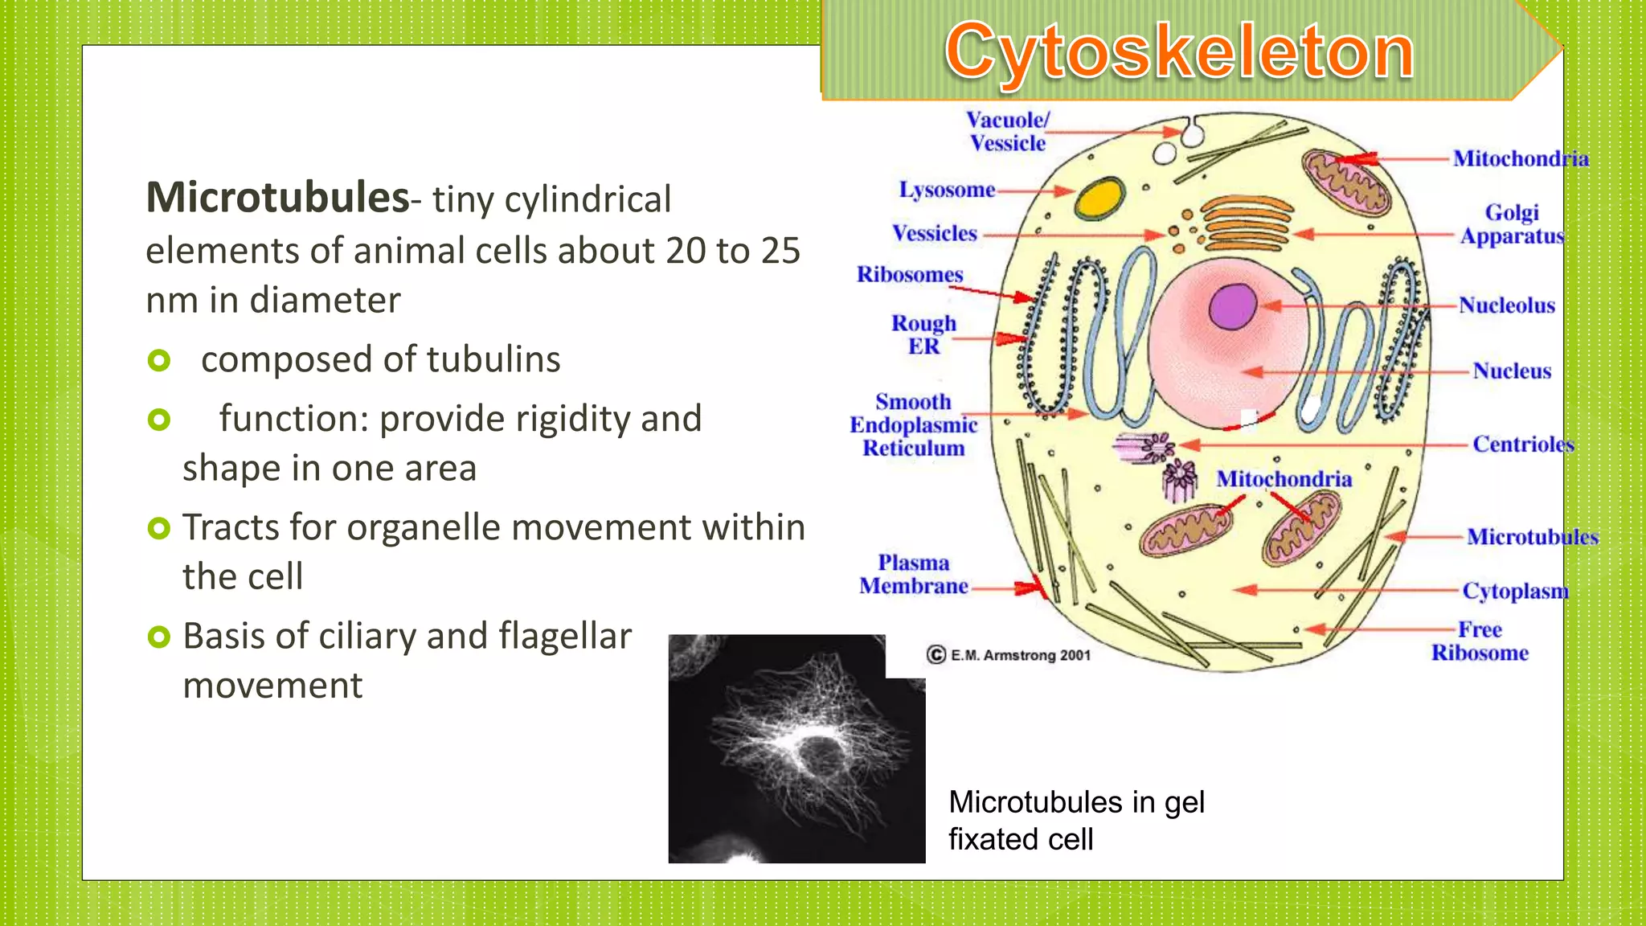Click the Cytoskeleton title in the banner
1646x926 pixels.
click(1179, 51)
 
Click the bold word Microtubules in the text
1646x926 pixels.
click(277, 198)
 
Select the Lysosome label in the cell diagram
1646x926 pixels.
click(947, 191)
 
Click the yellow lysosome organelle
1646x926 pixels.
click(1099, 198)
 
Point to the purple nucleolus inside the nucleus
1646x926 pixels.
click(1232, 306)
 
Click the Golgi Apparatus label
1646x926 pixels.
click(1512, 224)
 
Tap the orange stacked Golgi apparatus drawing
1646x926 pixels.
click(1247, 224)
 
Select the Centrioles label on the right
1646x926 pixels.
click(1522, 444)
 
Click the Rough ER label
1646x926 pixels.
click(923, 334)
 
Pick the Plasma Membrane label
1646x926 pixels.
click(913, 574)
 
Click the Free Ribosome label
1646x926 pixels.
click(1480, 641)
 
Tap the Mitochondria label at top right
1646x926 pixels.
click(1521, 158)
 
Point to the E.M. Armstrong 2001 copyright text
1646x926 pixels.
click(1009, 655)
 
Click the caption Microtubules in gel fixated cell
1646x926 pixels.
click(1075, 820)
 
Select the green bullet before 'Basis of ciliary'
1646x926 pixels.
click(159, 637)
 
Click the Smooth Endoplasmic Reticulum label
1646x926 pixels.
click(913, 424)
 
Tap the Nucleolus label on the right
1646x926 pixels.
click(1506, 305)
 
